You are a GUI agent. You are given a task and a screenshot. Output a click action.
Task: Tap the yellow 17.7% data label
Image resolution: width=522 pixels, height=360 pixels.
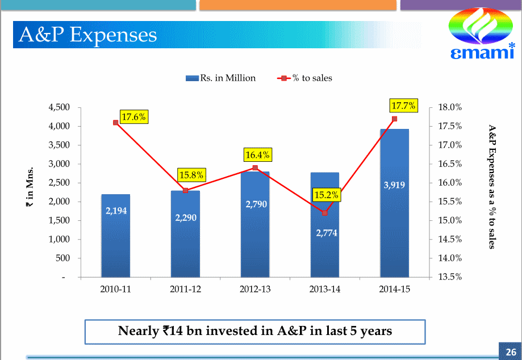(404, 106)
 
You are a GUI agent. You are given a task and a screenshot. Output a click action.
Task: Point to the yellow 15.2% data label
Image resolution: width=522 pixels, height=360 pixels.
(327, 195)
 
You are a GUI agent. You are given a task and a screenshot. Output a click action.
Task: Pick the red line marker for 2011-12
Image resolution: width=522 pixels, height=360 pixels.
(185, 190)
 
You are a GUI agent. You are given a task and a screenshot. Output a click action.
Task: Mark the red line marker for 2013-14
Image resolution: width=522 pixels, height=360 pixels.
(325, 213)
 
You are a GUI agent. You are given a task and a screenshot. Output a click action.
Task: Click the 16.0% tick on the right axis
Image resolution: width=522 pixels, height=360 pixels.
(450, 183)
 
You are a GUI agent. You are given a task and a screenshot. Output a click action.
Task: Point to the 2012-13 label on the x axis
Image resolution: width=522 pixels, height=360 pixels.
(255, 289)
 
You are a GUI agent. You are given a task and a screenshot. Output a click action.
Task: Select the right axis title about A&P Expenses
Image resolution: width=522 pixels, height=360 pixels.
(492, 187)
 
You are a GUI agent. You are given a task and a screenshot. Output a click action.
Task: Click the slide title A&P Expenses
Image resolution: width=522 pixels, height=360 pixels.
(87, 35)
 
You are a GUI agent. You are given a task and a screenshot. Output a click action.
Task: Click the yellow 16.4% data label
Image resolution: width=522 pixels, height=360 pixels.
(257, 154)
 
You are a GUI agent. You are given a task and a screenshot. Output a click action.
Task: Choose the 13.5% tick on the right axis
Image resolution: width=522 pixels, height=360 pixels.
(450, 277)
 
